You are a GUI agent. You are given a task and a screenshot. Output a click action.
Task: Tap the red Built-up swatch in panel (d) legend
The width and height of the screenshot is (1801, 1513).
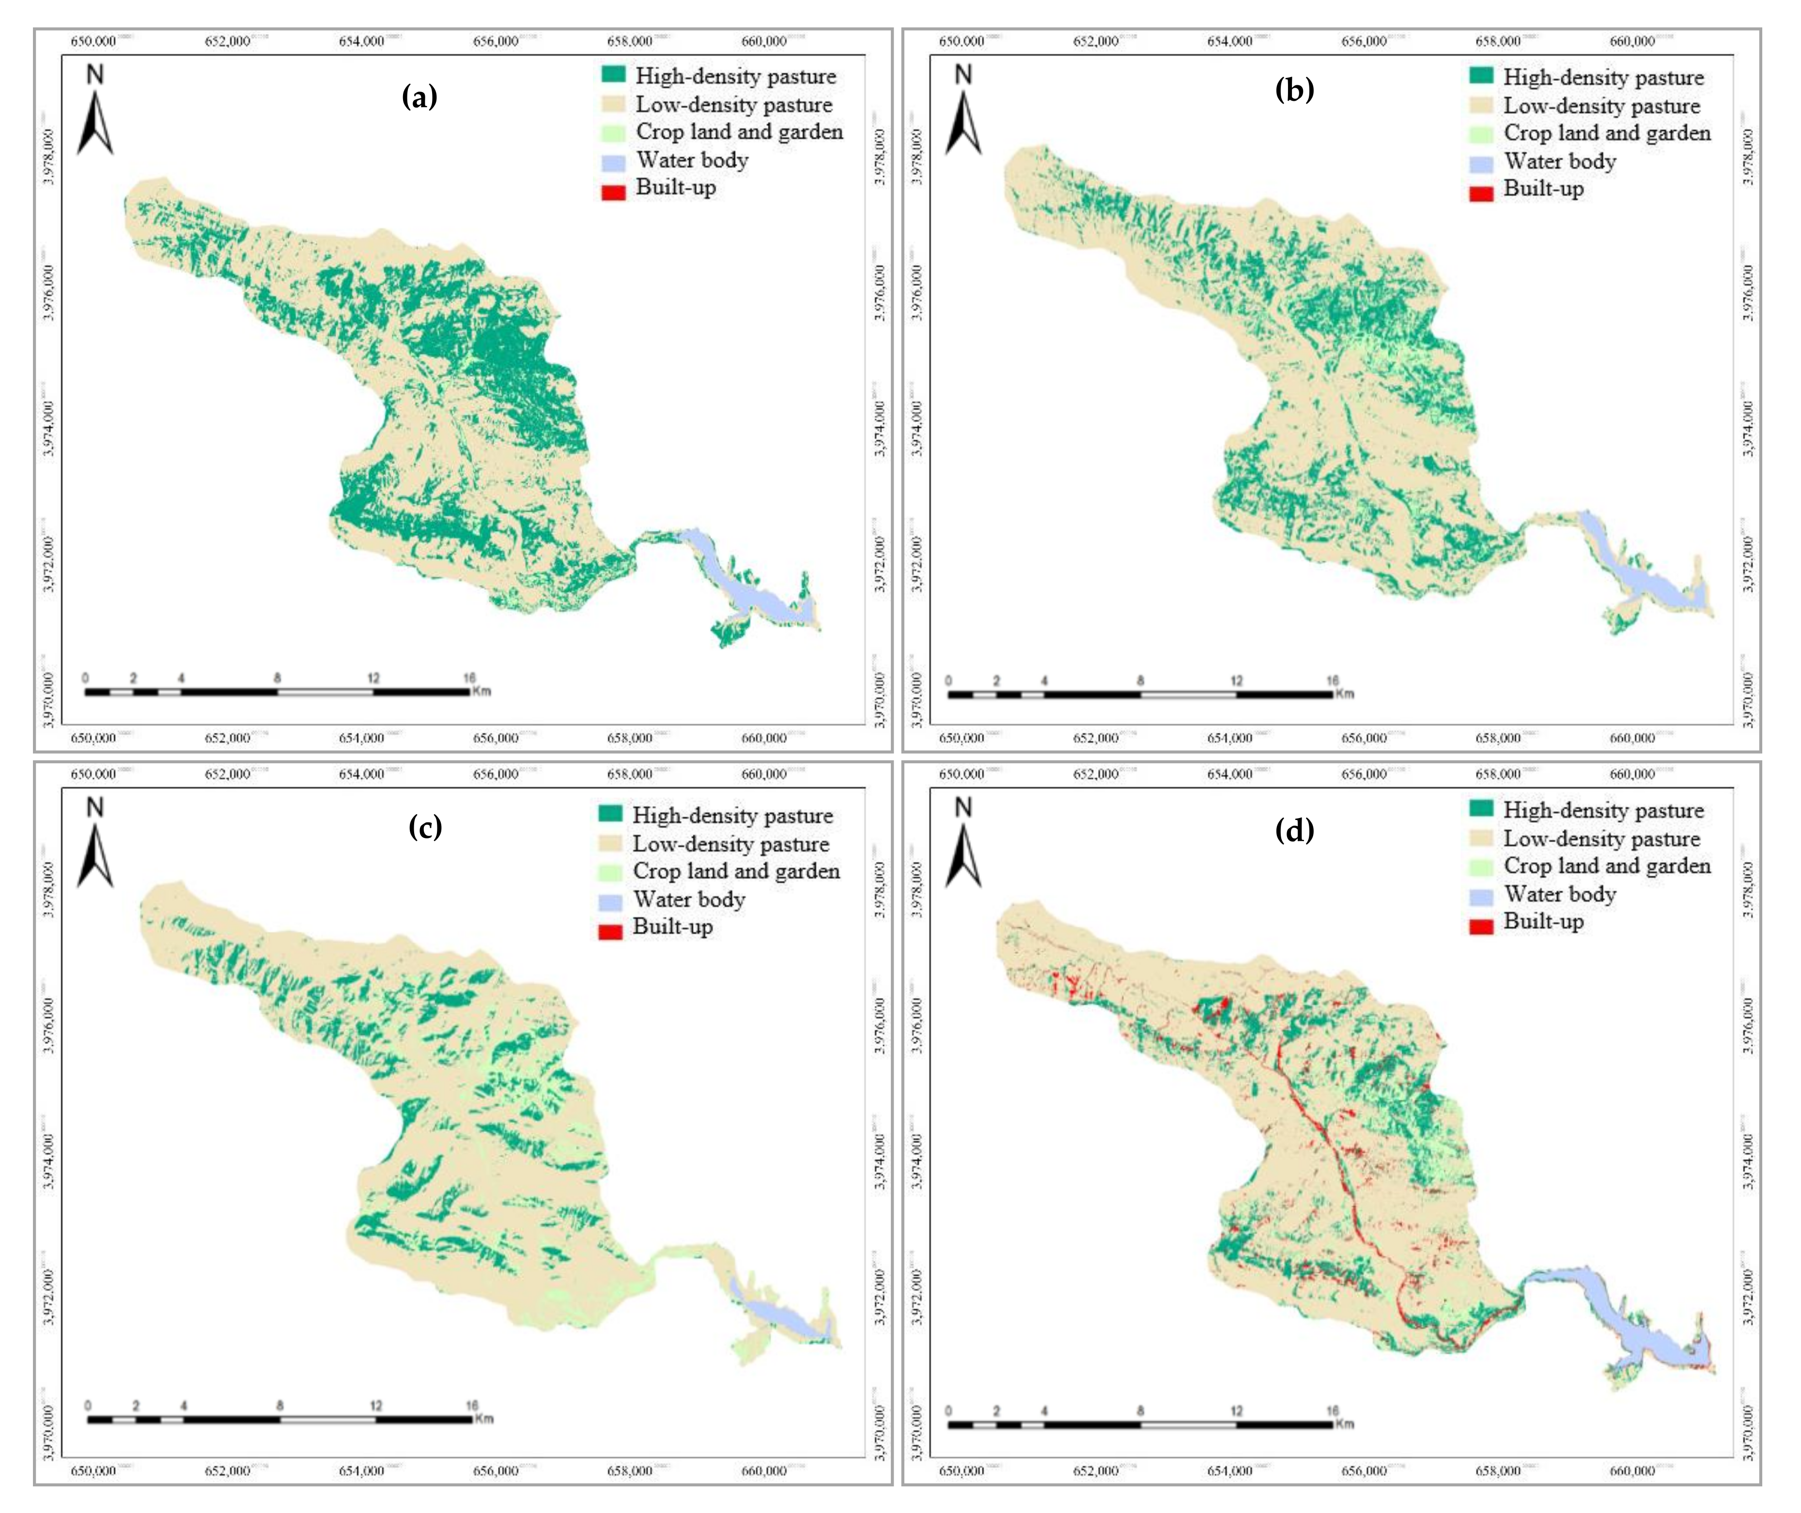pos(1481,926)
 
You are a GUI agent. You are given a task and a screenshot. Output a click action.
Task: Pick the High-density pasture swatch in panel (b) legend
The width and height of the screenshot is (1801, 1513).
pos(1481,77)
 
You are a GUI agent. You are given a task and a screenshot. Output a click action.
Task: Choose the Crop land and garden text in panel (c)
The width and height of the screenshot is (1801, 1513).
pos(736,871)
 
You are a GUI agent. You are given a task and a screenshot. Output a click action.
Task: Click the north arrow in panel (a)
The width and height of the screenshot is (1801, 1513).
pos(95,111)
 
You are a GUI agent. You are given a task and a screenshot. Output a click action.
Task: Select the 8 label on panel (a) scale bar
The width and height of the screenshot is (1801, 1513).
pos(277,679)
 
